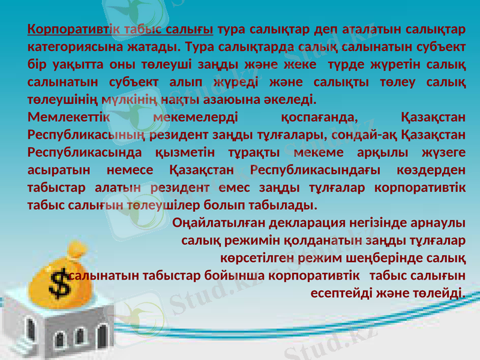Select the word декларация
click(307, 223)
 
